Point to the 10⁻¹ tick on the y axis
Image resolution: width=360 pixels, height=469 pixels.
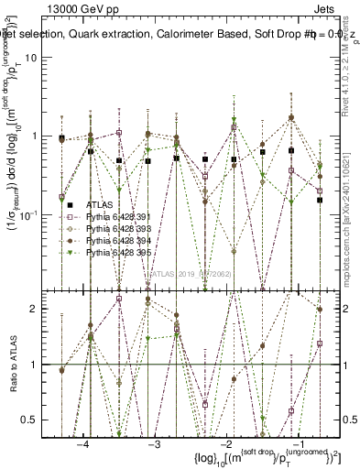[39, 213]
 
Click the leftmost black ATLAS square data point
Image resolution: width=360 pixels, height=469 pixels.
[62, 138]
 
